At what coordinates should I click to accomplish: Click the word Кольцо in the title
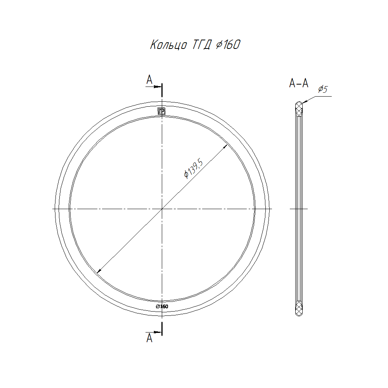pos(168,45)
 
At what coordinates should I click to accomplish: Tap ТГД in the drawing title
pos(202,45)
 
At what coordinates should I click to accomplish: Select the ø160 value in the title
pos(228,45)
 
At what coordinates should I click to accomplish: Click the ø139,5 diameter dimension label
pos(194,169)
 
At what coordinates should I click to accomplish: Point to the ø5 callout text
pos(323,89)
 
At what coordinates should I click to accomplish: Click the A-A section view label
pos(299,83)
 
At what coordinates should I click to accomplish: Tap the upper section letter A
pos(149,80)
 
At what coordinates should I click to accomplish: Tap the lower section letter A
pos(149,338)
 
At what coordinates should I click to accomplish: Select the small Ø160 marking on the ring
pos(162,307)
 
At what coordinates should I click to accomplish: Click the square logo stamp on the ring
pos(161,111)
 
